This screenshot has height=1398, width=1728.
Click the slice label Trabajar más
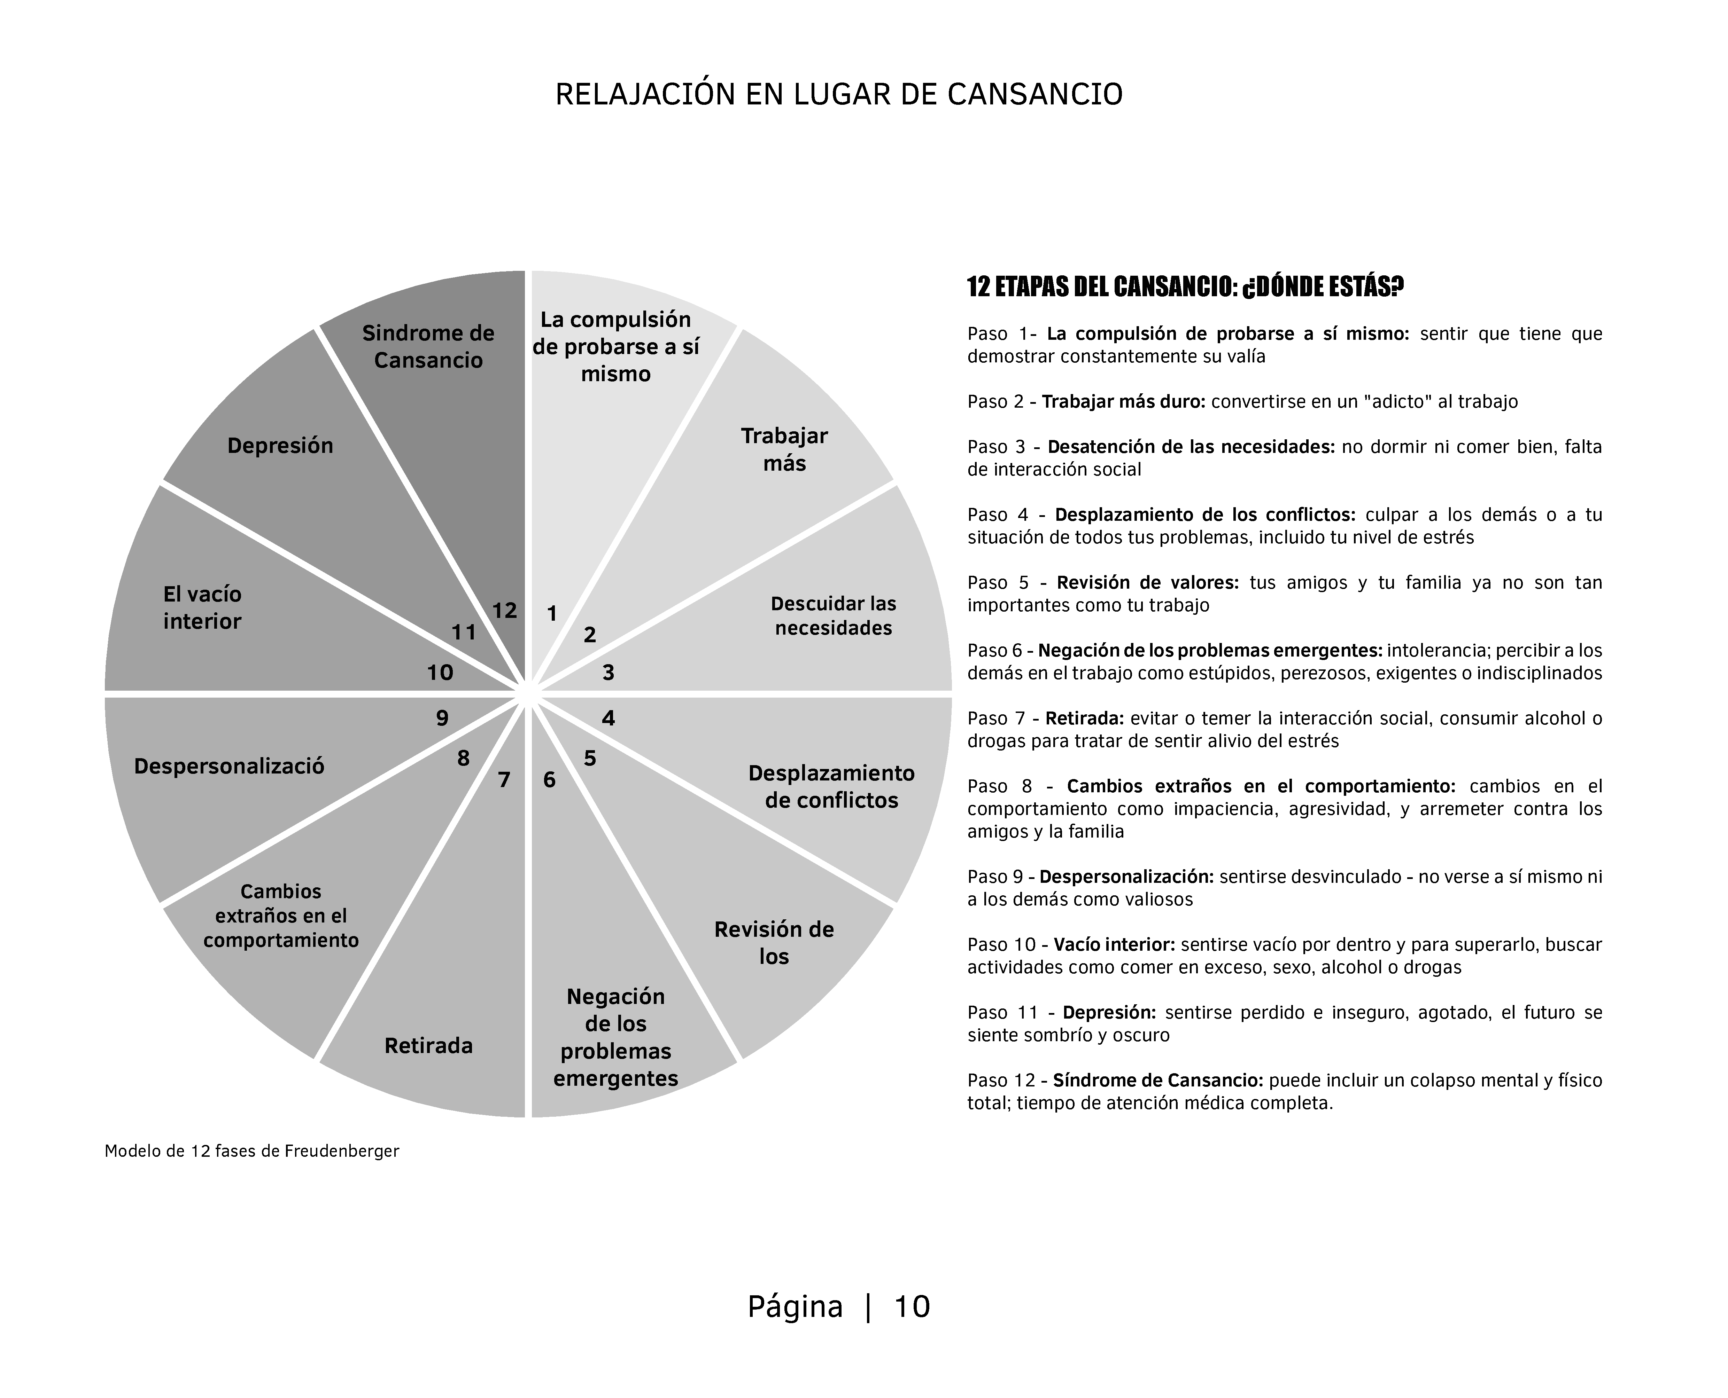(x=784, y=449)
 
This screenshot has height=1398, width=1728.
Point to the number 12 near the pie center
(x=504, y=611)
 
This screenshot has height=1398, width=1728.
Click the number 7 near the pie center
(x=504, y=779)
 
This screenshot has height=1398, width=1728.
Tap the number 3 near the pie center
(x=608, y=673)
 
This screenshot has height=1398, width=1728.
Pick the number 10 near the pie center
(x=440, y=673)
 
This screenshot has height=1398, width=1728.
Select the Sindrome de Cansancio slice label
(x=428, y=346)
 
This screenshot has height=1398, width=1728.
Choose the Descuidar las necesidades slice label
(x=833, y=615)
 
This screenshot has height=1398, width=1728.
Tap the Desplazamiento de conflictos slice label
(x=831, y=787)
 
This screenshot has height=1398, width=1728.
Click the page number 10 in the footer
(x=912, y=1306)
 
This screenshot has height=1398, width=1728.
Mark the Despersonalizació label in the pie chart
(x=229, y=766)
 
